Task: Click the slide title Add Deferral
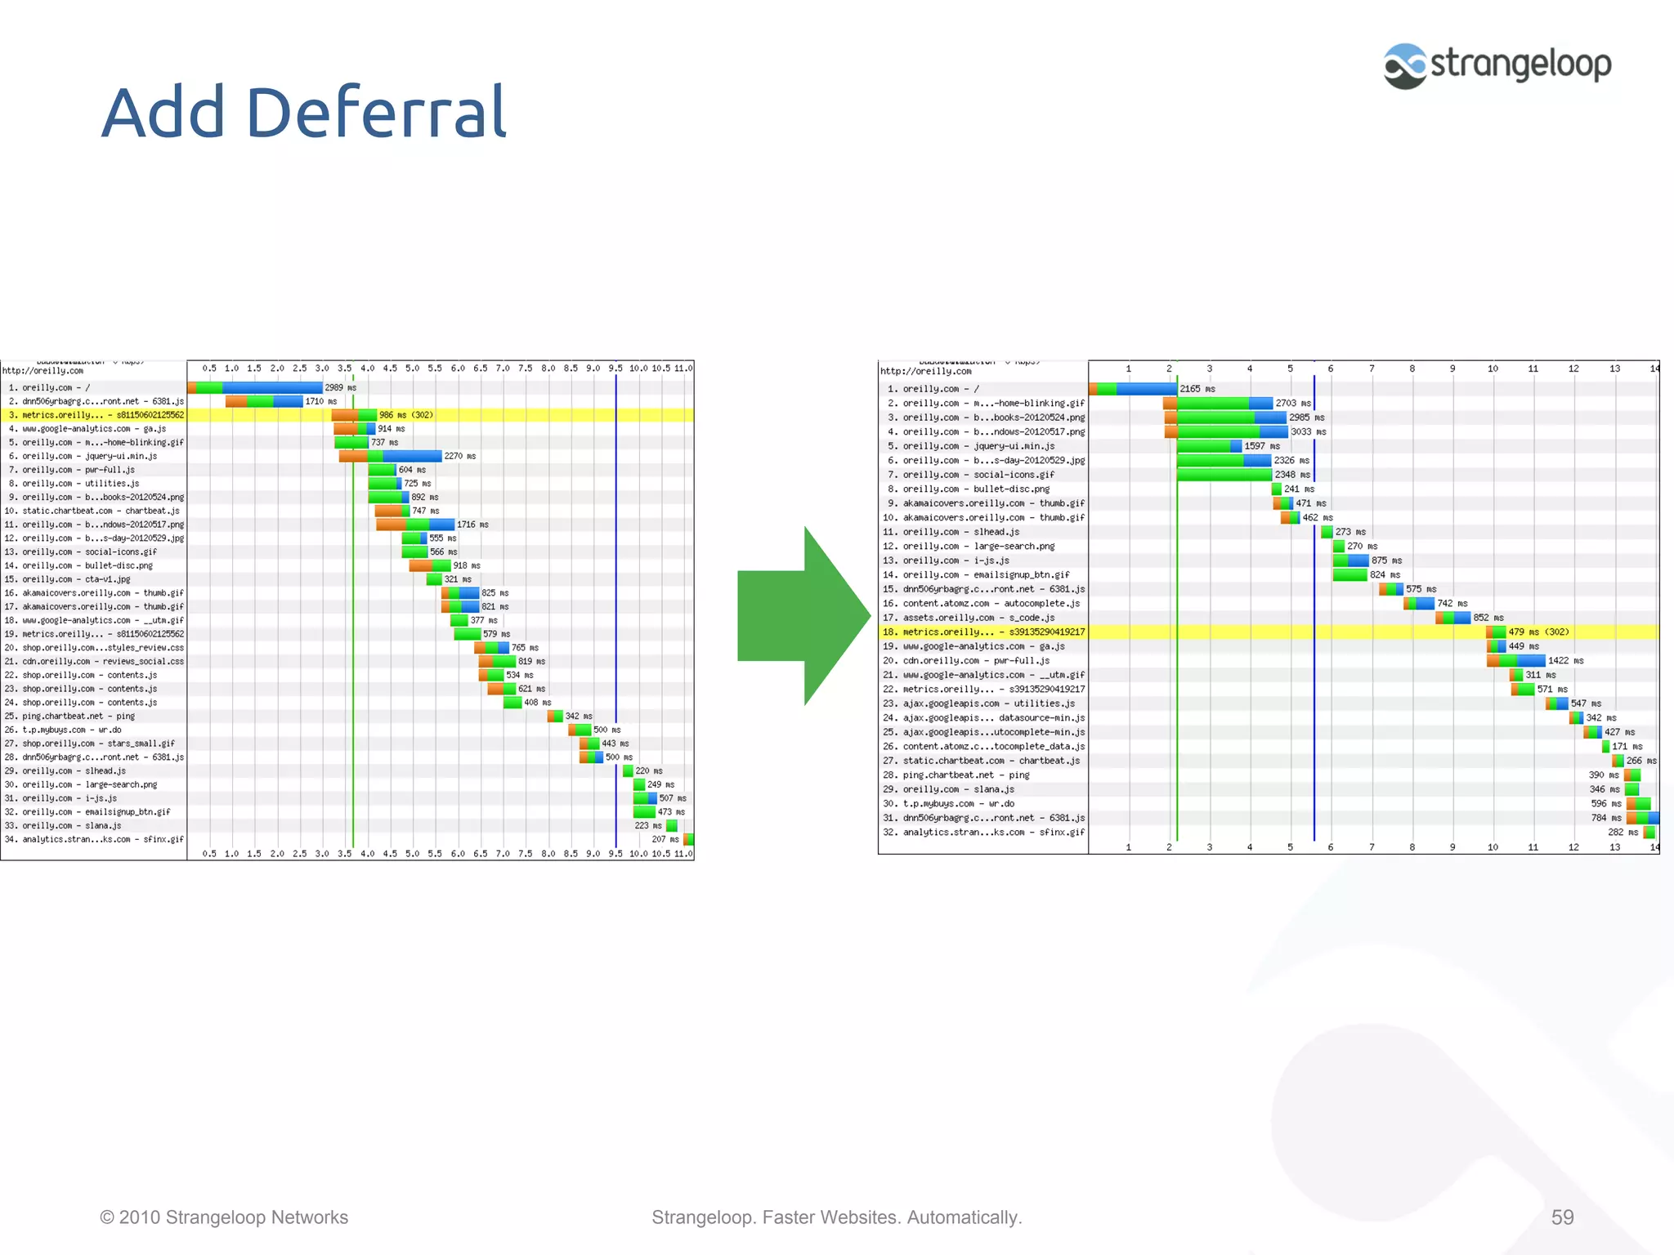click(304, 113)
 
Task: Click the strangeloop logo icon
click(1404, 66)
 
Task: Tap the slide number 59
click(1562, 1217)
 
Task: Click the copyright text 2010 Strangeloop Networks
click(224, 1217)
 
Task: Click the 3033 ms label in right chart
click(1308, 432)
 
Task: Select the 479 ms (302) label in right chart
click(1538, 632)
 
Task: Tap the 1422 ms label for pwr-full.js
click(1565, 661)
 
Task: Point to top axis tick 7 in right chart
click(1372, 368)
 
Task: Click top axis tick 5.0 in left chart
click(412, 368)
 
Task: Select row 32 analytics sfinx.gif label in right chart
click(993, 833)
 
